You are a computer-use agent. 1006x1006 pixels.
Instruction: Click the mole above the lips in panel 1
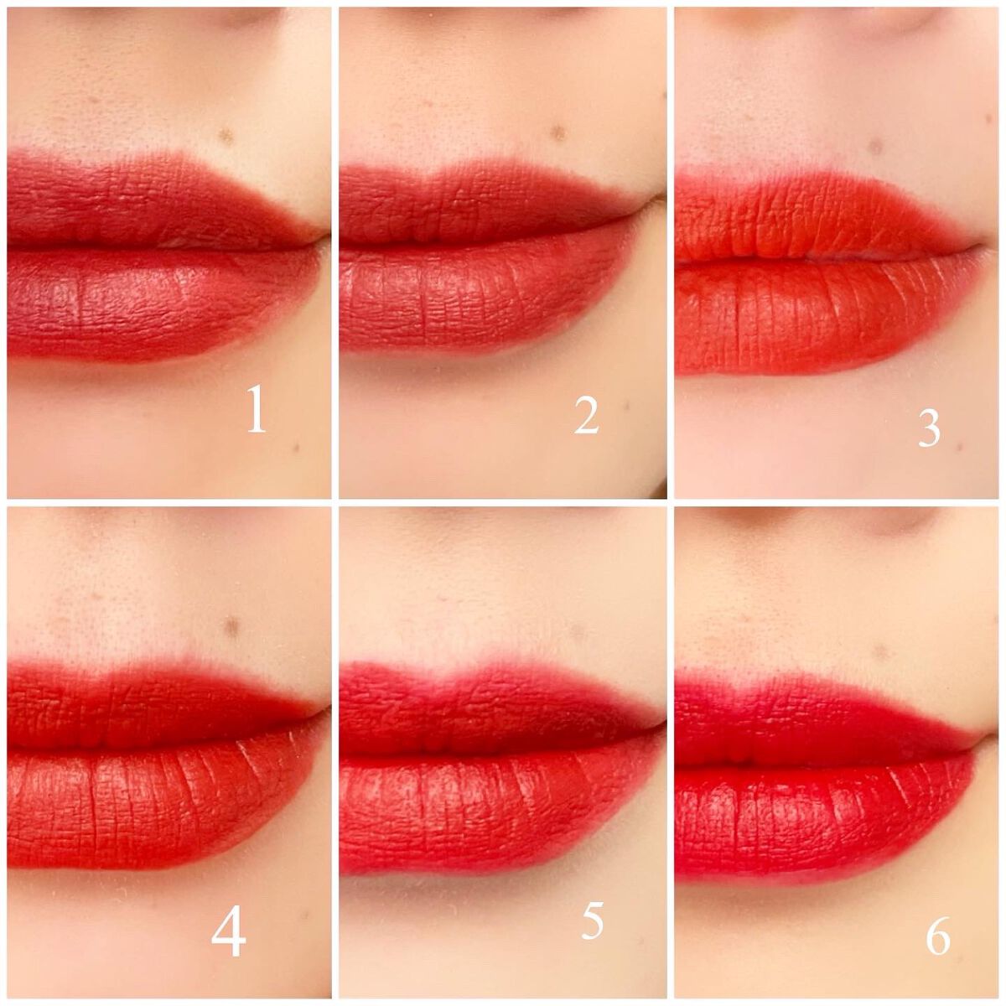tap(227, 137)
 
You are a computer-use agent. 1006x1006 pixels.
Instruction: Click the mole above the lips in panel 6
tap(881, 652)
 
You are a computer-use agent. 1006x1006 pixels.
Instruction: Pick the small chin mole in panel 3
tap(958, 448)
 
